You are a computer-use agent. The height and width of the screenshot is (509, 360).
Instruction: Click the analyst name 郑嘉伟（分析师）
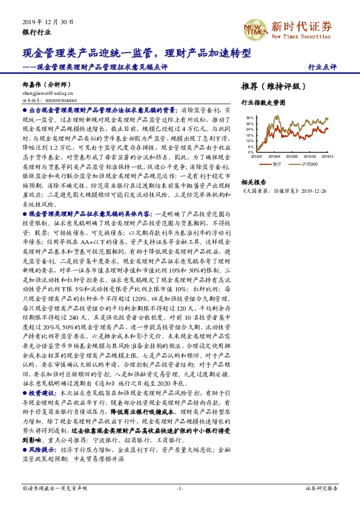[x=46, y=85]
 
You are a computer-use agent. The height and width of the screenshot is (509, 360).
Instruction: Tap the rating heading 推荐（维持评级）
[x=270, y=86]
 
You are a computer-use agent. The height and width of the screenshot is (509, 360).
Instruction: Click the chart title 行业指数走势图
[x=263, y=103]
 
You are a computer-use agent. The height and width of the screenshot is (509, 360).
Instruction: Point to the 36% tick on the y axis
[x=249, y=118]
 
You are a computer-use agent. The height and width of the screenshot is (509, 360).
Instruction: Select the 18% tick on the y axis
[x=249, y=135]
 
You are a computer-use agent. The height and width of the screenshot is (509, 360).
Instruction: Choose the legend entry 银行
[x=278, y=164]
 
